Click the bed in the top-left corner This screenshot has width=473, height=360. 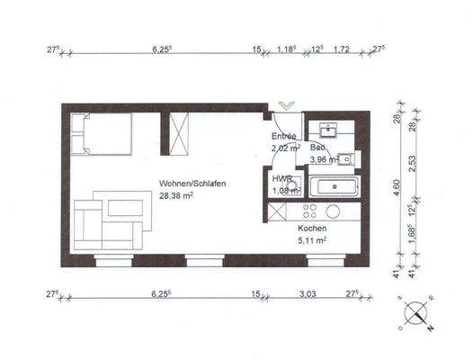click(x=101, y=135)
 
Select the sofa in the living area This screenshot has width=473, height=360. click(x=103, y=222)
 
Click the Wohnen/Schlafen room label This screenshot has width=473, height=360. click(x=193, y=183)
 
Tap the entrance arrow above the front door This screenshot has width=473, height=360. click(x=286, y=106)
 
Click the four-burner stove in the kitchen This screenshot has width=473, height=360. click(x=311, y=212)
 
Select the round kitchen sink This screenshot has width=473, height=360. click(x=333, y=212)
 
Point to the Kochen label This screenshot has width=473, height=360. click(x=312, y=229)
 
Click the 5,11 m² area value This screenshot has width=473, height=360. click(x=312, y=241)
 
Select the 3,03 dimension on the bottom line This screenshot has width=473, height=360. click(x=307, y=292)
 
